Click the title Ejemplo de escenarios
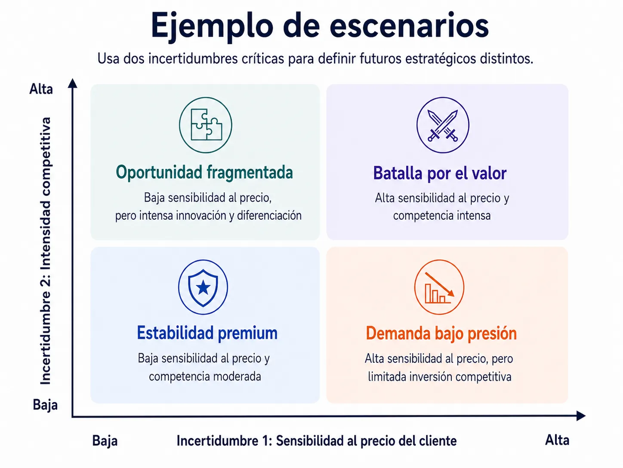click(320, 27)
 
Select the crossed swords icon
click(443, 125)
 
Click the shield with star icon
click(203, 287)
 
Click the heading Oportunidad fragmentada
click(204, 172)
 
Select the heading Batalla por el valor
click(440, 173)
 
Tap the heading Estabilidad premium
click(207, 333)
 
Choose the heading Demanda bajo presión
click(441, 333)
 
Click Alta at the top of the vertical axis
click(41, 89)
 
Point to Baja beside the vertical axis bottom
click(45, 405)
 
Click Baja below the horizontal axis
click(105, 441)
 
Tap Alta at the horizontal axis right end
click(557, 440)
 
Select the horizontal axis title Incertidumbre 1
click(317, 441)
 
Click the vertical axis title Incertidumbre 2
click(46, 251)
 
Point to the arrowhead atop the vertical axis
click(73, 83)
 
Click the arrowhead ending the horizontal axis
click(581, 416)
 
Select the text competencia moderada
click(205, 377)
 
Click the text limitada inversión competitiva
click(440, 377)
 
